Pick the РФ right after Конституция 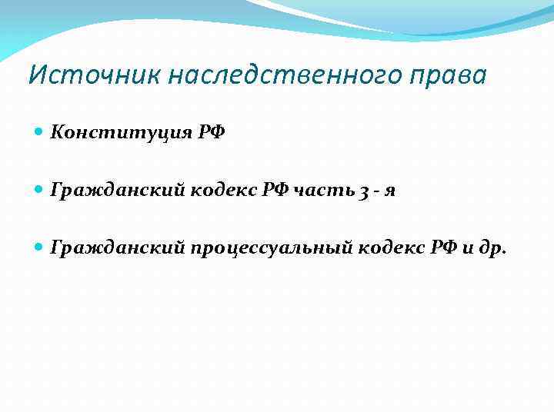click(209, 132)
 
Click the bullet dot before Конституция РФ click(39, 132)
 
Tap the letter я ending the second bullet click(392, 191)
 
